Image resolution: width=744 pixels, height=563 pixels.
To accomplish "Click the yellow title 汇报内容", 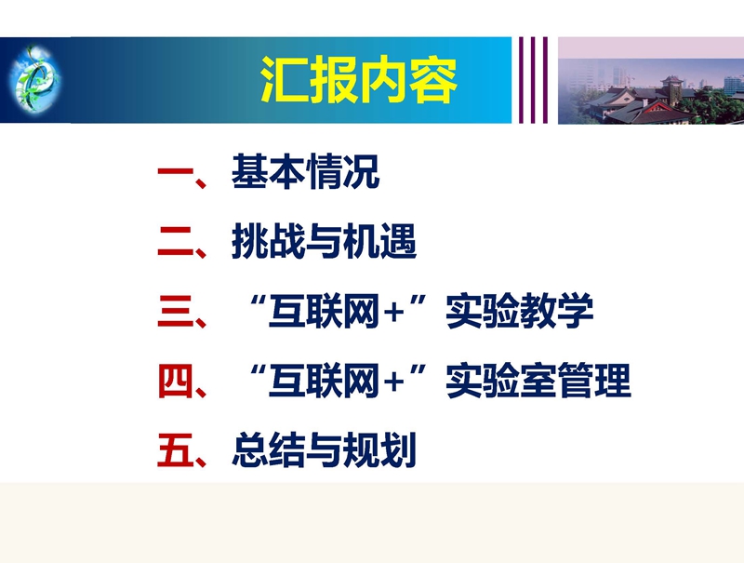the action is click(359, 80).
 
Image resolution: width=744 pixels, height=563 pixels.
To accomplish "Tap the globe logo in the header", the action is click(34, 78).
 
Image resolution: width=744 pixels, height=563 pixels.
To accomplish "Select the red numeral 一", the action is click(176, 172).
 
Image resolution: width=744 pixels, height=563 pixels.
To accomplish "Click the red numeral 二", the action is click(176, 242).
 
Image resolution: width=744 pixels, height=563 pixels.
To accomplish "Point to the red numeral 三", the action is click(176, 311).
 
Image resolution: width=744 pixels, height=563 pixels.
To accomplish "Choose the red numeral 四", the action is click(176, 381).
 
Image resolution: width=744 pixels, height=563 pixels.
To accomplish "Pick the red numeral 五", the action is click(176, 450).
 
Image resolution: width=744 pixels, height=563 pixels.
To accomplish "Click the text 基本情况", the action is click(306, 172).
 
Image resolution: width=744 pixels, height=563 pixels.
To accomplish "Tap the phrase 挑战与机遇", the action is click(324, 242).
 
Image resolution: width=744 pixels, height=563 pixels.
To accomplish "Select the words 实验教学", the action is click(520, 311).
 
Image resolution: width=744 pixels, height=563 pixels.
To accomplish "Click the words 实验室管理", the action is click(538, 381).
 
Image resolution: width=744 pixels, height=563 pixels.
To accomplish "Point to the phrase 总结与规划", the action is click(324, 450).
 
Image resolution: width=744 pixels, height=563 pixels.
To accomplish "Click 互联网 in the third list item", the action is click(324, 312).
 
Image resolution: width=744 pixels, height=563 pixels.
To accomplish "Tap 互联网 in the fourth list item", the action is click(324, 381).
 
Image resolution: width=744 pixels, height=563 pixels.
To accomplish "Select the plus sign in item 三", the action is click(393, 314).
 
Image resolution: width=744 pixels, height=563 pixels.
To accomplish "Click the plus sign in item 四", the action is click(393, 382).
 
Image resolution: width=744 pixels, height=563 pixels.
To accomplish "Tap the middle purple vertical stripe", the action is click(533, 80).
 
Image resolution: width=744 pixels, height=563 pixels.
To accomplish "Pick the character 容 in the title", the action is click(433, 80).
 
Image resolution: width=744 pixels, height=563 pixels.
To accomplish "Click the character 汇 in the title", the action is click(285, 80).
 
